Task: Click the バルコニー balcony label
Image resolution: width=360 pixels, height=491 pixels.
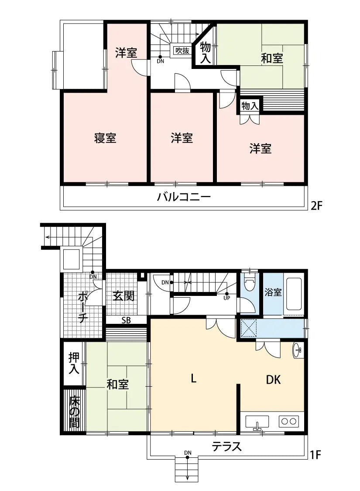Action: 184,196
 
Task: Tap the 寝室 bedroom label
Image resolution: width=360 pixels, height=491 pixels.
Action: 105,138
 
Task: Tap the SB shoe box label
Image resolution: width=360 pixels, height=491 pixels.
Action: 126,320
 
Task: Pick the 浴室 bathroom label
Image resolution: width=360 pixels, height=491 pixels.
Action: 273,292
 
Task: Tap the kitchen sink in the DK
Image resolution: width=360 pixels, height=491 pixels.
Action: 257,422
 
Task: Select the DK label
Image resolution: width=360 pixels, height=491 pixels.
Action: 274,380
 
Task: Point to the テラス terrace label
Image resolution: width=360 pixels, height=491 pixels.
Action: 226,446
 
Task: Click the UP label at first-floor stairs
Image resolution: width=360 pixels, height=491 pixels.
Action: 226,299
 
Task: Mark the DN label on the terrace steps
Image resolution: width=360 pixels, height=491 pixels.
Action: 188,452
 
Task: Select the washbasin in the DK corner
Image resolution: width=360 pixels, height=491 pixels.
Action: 298,350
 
